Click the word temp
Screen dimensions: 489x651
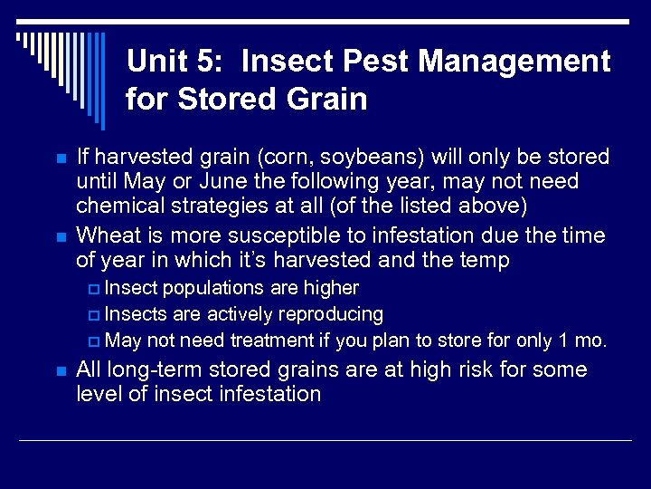pos(485,261)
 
